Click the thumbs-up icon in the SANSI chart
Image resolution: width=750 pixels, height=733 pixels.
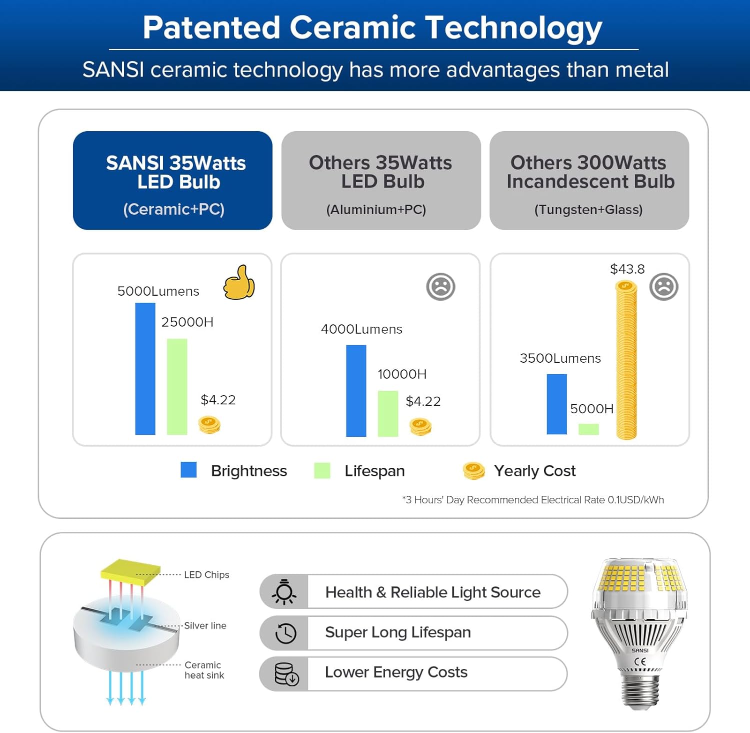tap(239, 283)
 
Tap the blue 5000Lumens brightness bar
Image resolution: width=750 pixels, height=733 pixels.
tap(145, 369)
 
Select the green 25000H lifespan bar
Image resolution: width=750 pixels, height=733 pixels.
tap(177, 386)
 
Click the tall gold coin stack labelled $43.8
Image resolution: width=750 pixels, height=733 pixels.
tap(626, 360)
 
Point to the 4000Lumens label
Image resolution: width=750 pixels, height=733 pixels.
tap(361, 329)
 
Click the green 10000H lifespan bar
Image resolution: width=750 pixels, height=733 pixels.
tap(387, 413)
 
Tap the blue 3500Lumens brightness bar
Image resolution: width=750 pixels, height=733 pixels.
tap(556, 404)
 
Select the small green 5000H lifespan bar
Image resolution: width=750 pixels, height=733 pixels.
tap(588, 429)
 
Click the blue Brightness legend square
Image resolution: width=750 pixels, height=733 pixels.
tap(188, 470)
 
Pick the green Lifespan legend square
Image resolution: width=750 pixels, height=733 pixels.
tap(322, 470)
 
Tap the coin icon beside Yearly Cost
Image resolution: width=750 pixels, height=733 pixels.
tap(473, 471)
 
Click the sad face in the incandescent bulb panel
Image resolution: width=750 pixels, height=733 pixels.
tap(663, 287)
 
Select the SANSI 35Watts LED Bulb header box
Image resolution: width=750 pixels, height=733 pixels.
tap(172, 180)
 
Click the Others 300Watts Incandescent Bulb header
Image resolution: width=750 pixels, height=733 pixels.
tap(589, 180)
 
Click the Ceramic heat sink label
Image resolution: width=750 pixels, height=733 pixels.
tap(204, 670)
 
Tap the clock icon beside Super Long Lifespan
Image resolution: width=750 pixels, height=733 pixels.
tap(285, 633)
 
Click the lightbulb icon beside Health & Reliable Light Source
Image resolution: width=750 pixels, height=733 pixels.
tap(284, 592)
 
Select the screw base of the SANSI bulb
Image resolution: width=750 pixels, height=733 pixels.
tap(640, 690)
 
